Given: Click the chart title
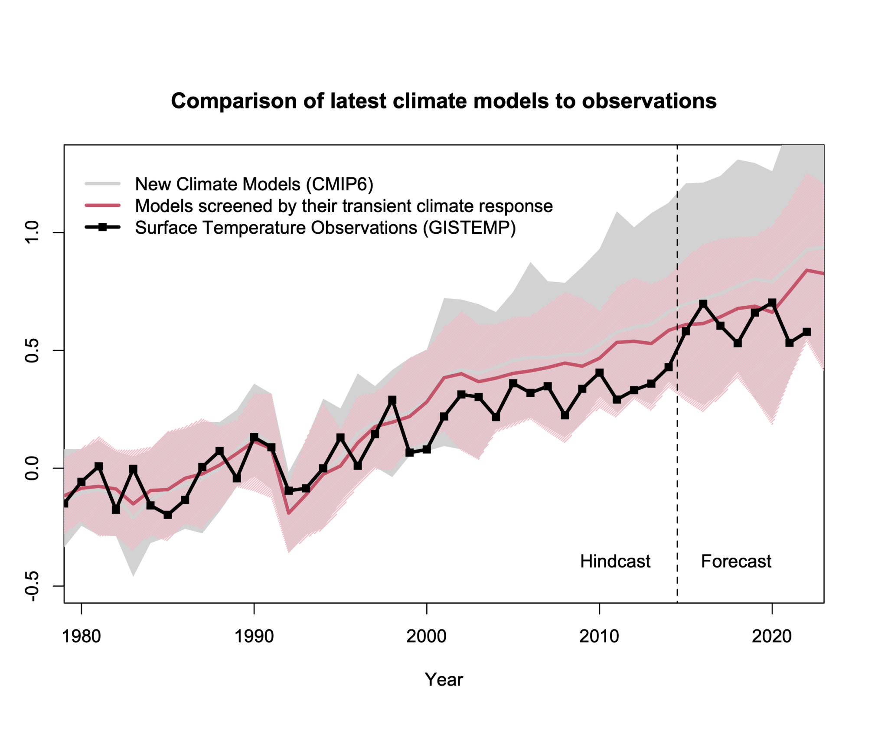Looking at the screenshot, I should point(443,101).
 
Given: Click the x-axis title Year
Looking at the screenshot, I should point(444,679).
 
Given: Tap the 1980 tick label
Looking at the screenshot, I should point(82,636).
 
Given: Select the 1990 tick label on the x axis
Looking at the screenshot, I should point(254,636).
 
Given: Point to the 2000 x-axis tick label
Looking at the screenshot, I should point(427,636).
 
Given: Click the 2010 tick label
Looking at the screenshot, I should point(599,636).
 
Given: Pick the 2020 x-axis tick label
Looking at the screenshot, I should point(772,636).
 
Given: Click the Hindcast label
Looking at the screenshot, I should point(615,561).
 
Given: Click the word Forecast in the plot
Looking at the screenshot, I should point(736,561).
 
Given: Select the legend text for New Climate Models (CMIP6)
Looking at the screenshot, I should point(254,184).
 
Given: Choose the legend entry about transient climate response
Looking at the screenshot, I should point(344,206).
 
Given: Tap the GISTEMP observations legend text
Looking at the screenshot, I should point(325,228).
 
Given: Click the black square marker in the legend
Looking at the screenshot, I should point(102,227).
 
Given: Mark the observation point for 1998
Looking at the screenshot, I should point(392,400).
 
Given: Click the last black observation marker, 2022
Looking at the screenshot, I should point(806,332).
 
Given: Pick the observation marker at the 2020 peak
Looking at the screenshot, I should point(772,302).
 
